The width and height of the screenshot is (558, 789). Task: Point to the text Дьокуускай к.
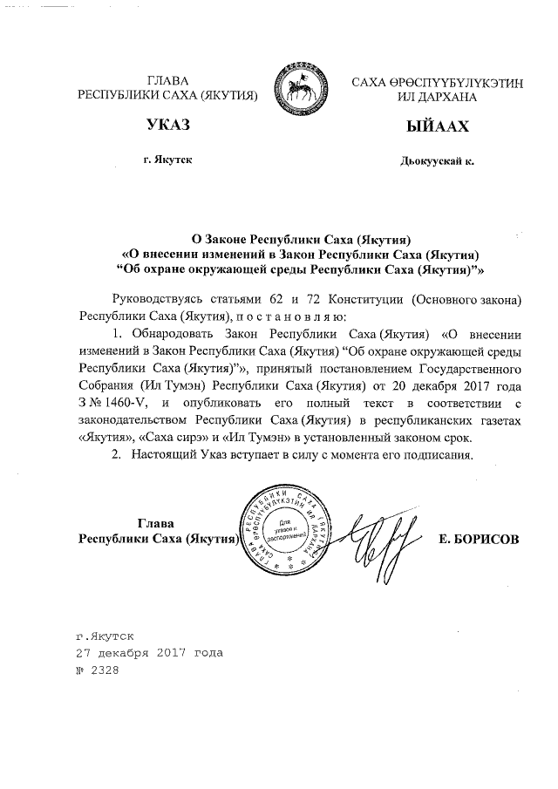coord(437,161)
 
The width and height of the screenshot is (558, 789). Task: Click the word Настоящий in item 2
coord(167,455)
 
